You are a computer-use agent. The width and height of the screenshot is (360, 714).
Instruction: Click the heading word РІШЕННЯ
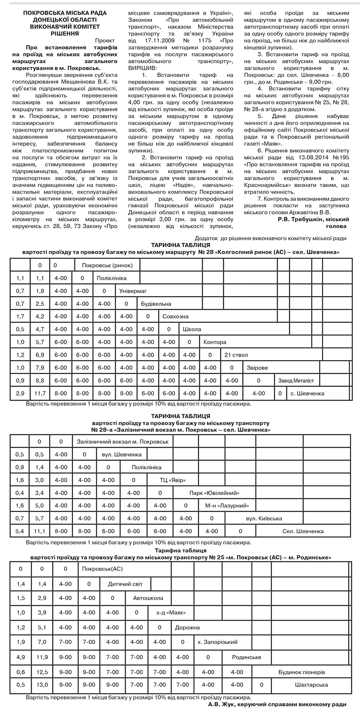tap(65, 34)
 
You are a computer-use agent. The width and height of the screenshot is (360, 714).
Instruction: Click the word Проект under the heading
tap(105, 40)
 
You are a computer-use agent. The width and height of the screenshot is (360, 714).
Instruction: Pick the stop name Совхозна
tap(175, 317)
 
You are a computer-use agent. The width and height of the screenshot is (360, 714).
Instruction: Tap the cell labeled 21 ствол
tap(236, 355)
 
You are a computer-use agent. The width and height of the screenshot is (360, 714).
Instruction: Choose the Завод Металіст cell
tap(296, 381)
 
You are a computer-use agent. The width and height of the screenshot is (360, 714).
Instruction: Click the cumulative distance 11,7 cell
tap(40, 393)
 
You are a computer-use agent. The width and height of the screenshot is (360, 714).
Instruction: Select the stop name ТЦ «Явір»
tap(173, 480)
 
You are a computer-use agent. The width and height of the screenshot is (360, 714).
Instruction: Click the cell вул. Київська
tap(264, 519)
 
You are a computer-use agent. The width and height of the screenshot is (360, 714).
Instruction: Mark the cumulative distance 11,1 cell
tap(40, 531)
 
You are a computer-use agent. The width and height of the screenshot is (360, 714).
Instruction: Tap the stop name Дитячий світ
tap(125, 584)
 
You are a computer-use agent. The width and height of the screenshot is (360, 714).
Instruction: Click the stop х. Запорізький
tap(218, 642)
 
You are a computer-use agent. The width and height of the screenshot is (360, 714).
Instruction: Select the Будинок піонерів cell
tap(302, 672)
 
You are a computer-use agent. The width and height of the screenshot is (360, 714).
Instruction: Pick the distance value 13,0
tap(42, 685)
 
